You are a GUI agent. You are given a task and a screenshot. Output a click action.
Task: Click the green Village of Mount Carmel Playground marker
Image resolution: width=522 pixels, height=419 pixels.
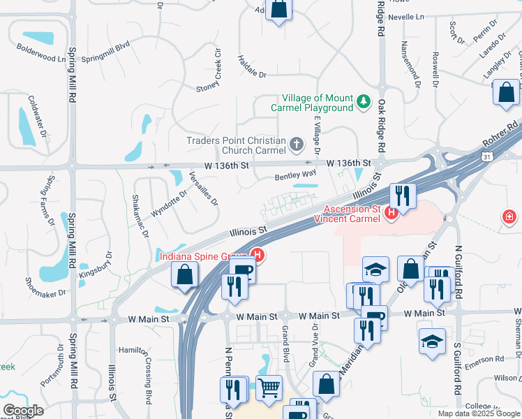[363, 103]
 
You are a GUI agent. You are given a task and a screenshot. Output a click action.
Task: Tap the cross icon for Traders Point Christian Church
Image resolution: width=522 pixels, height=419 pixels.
[297, 145]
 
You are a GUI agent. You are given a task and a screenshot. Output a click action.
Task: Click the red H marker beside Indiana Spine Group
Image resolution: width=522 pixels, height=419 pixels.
[258, 256]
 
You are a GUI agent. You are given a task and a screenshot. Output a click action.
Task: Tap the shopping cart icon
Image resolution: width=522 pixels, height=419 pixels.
[269, 388]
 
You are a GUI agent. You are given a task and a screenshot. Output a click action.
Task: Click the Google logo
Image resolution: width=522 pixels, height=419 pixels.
[23, 411]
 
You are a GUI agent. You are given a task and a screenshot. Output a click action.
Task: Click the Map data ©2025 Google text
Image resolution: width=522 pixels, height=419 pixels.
[478, 413]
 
